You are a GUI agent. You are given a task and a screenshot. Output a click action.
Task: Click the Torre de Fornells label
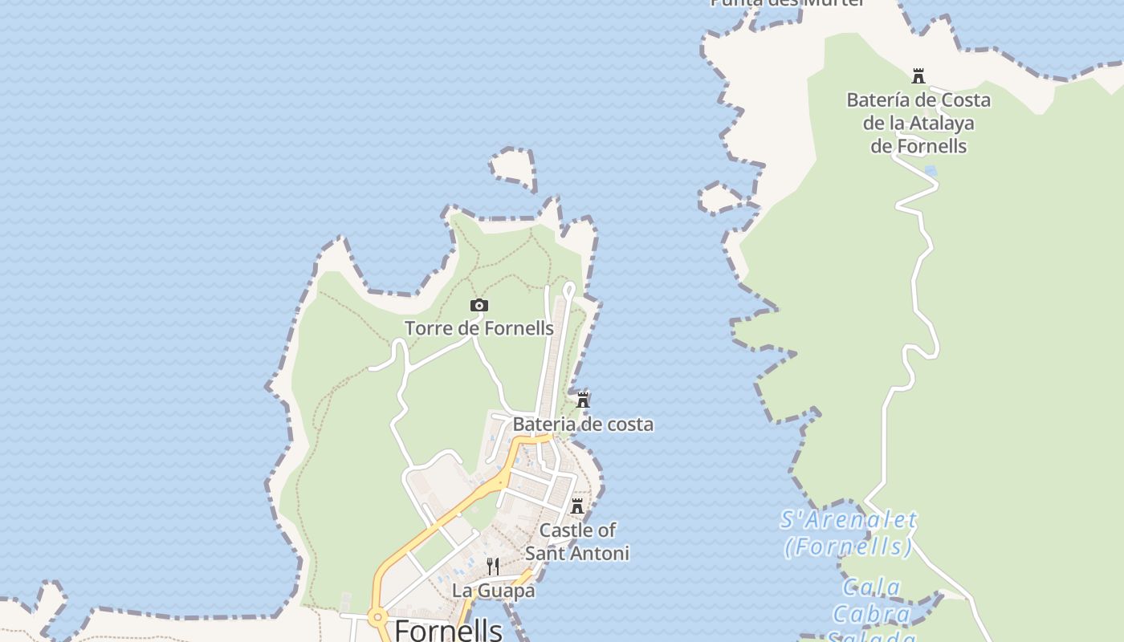(x=479, y=328)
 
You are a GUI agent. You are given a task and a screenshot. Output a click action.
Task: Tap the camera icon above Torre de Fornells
(x=479, y=305)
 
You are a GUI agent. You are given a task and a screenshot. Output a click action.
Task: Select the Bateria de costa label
(x=583, y=424)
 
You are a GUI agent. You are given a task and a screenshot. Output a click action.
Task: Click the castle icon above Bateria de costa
(x=583, y=400)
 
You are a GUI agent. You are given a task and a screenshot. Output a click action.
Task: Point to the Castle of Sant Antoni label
(x=577, y=542)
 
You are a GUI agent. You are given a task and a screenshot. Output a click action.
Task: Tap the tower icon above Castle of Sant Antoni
(x=577, y=506)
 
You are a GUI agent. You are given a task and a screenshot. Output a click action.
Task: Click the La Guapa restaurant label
(x=494, y=591)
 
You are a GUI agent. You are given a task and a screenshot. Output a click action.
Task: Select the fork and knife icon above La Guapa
(x=493, y=567)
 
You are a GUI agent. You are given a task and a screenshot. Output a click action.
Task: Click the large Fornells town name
(x=449, y=630)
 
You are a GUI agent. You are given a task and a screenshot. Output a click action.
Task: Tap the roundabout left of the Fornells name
(x=377, y=617)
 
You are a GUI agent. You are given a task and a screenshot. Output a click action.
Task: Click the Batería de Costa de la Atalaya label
(x=918, y=123)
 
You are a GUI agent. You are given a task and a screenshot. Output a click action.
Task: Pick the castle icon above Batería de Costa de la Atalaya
(x=918, y=77)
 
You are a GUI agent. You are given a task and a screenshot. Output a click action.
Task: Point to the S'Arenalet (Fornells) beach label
(x=849, y=534)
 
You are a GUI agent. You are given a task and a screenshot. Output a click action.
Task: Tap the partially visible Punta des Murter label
(x=787, y=3)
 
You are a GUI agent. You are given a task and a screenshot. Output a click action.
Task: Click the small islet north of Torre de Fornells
(x=512, y=167)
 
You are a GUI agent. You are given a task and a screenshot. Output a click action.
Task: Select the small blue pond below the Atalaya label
(x=931, y=171)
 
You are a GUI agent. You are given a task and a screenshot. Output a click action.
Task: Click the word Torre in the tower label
(x=428, y=328)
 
